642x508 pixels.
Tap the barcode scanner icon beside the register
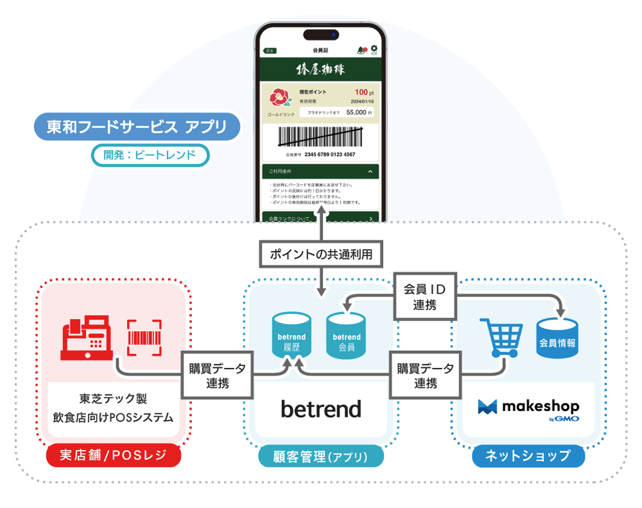point(144,337)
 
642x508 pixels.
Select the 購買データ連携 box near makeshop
point(425,375)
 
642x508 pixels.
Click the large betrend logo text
point(321,409)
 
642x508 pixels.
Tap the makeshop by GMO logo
point(529,409)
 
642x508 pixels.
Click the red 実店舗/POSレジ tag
point(113,456)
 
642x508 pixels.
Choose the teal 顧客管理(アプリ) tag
point(321,456)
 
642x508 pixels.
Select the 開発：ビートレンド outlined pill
point(150,155)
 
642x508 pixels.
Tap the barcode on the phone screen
point(320,137)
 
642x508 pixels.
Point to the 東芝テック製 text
point(113,398)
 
